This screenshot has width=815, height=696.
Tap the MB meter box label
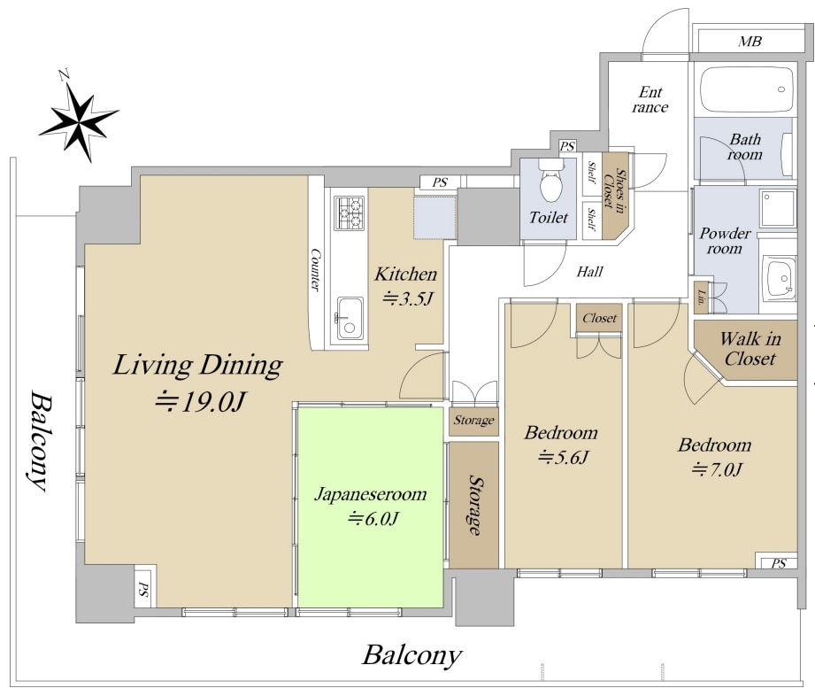(x=750, y=41)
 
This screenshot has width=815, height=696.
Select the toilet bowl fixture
(x=551, y=180)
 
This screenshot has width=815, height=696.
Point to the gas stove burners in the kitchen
(x=350, y=213)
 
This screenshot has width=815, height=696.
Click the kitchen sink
(x=349, y=318)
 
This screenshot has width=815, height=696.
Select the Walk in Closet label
(x=750, y=349)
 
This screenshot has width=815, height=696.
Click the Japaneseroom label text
(x=370, y=493)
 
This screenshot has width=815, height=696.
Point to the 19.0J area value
(x=200, y=403)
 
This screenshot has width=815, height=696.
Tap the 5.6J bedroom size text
(x=563, y=457)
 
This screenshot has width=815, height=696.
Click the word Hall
(x=590, y=272)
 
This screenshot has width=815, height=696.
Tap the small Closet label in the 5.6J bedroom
(x=599, y=318)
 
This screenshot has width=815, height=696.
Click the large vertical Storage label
(x=474, y=504)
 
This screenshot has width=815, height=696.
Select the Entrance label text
(x=650, y=100)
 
